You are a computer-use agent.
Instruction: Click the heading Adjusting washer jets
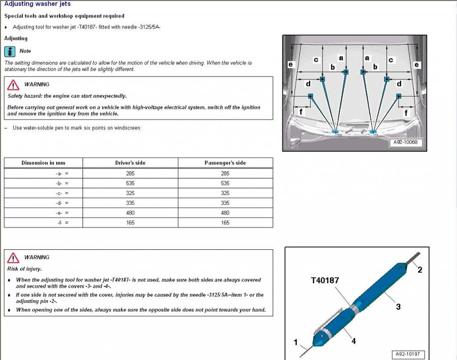click(x=37, y=4)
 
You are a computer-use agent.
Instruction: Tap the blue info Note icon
click(x=10, y=51)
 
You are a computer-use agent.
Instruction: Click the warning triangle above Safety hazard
click(x=14, y=84)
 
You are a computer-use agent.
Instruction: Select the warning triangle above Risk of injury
click(x=14, y=257)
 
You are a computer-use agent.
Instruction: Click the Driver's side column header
click(x=130, y=163)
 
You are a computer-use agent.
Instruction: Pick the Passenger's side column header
click(x=225, y=163)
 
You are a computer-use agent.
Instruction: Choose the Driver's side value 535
click(x=130, y=183)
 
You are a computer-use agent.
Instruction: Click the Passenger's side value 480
click(x=225, y=213)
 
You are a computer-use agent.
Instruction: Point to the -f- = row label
click(x=63, y=223)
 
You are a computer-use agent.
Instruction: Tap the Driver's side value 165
click(x=130, y=223)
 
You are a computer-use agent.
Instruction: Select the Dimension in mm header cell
click(x=43, y=163)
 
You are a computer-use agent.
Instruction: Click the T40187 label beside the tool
click(x=325, y=280)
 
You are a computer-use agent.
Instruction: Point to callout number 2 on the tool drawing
click(x=420, y=270)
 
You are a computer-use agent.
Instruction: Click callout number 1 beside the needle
click(x=296, y=342)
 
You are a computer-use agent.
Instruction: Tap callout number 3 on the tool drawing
click(x=398, y=307)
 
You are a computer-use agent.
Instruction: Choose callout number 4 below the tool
click(x=353, y=341)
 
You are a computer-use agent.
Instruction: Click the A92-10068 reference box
click(x=406, y=143)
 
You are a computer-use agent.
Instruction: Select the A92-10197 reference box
click(x=407, y=355)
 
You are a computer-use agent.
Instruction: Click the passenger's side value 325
click(x=225, y=193)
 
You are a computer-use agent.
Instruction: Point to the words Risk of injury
click(x=24, y=269)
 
